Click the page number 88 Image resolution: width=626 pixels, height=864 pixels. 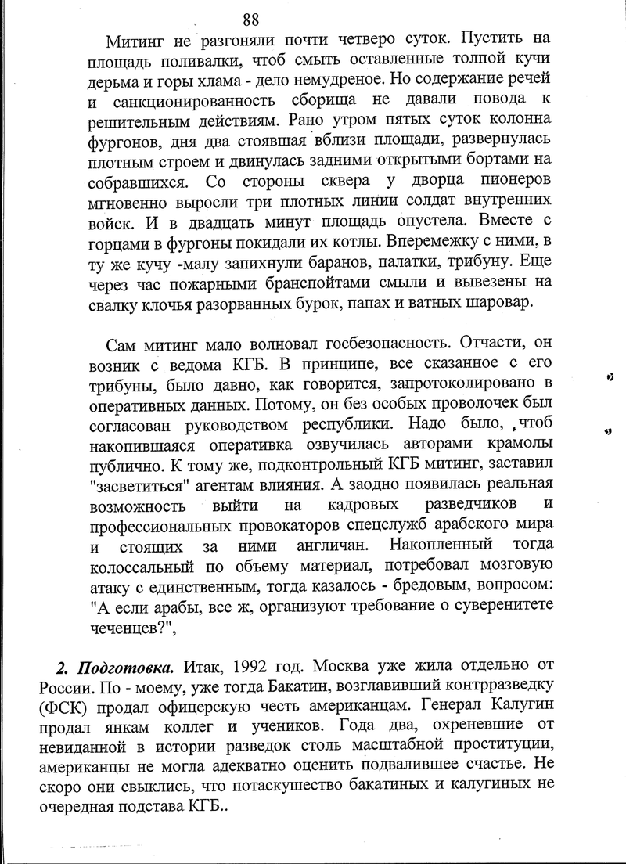(x=251, y=20)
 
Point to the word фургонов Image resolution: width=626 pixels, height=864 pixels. (x=128, y=142)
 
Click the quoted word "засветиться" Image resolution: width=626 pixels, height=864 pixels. (x=142, y=488)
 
